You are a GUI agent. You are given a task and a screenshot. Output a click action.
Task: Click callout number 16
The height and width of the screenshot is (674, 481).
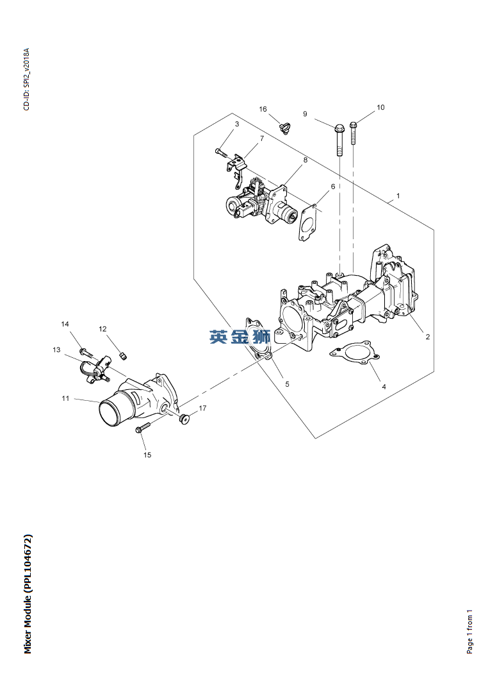point(263,109)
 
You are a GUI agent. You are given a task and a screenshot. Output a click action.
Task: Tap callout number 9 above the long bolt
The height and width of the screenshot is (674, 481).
point(305,114)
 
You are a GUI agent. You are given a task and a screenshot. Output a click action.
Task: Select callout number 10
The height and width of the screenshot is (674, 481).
point(380,108)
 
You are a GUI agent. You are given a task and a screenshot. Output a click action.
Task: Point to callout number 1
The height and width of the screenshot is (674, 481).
point(398,196)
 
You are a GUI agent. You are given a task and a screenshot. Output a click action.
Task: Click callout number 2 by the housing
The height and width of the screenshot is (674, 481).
point(428,337)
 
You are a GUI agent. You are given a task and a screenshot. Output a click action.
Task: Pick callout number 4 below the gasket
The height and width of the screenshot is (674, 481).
point(384,387)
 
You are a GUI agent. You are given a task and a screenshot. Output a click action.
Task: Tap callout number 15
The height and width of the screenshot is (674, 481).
point(147,455)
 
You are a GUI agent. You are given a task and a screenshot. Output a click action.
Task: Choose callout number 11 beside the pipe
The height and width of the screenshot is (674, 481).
point(65,398)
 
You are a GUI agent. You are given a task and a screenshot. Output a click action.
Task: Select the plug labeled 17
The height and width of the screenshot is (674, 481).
point(184,419)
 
